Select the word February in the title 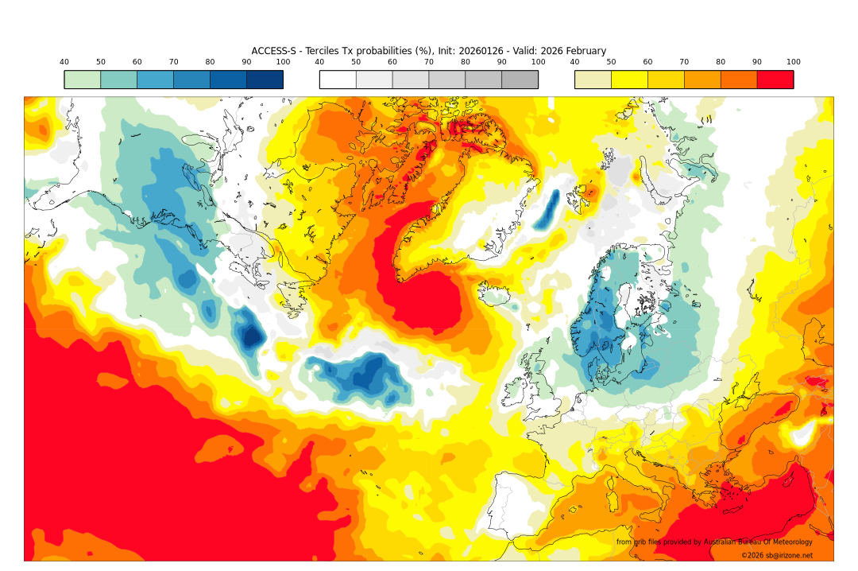click(x=583, y=51)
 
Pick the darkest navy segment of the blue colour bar click(x=265, y=80)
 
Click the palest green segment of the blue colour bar click(x=83, y=80)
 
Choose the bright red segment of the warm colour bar click(x=775, y=80)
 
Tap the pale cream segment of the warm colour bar click(x=593, y=80)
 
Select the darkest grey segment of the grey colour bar click(x=520, y=80)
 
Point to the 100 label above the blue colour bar click(x=283, y=62)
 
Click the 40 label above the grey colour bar click(x=319, y=62)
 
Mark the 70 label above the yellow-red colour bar click(x=684, y=62)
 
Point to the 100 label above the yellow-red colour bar click(x=793, y=62)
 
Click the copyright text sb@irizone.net click(x=777, y=555)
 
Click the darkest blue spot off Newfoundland click(x=252, y=336)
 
